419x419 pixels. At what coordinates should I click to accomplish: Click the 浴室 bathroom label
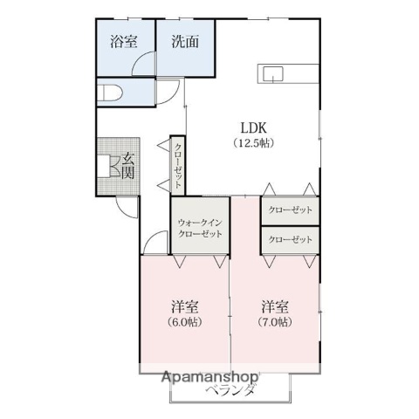tap(124, 42)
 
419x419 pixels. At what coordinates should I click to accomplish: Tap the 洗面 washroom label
tap(185, 42)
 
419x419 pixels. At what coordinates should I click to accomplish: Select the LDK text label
tap(253, 127)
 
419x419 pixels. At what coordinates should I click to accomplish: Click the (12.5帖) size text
tap(253, 143)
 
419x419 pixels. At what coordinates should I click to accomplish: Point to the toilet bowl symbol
tap(110, 93)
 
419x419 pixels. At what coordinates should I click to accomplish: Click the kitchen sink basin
tap(273, 74)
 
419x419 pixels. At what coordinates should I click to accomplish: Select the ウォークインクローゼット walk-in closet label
tap(200, 229)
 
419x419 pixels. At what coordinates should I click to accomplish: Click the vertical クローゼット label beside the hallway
tap(178, 165)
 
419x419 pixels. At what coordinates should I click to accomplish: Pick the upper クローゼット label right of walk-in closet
tap(290, 209)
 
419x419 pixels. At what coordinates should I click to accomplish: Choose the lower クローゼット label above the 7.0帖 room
tap(290, 240)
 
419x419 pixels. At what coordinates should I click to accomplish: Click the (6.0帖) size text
tap(185, 322)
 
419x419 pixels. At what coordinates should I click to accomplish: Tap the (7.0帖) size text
tap(275, 322)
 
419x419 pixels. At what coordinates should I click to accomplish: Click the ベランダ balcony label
tap(231, 390)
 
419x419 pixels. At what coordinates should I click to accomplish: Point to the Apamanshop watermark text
tap(210, 377)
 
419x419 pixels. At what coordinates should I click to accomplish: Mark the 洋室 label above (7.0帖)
tap(275, 306)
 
